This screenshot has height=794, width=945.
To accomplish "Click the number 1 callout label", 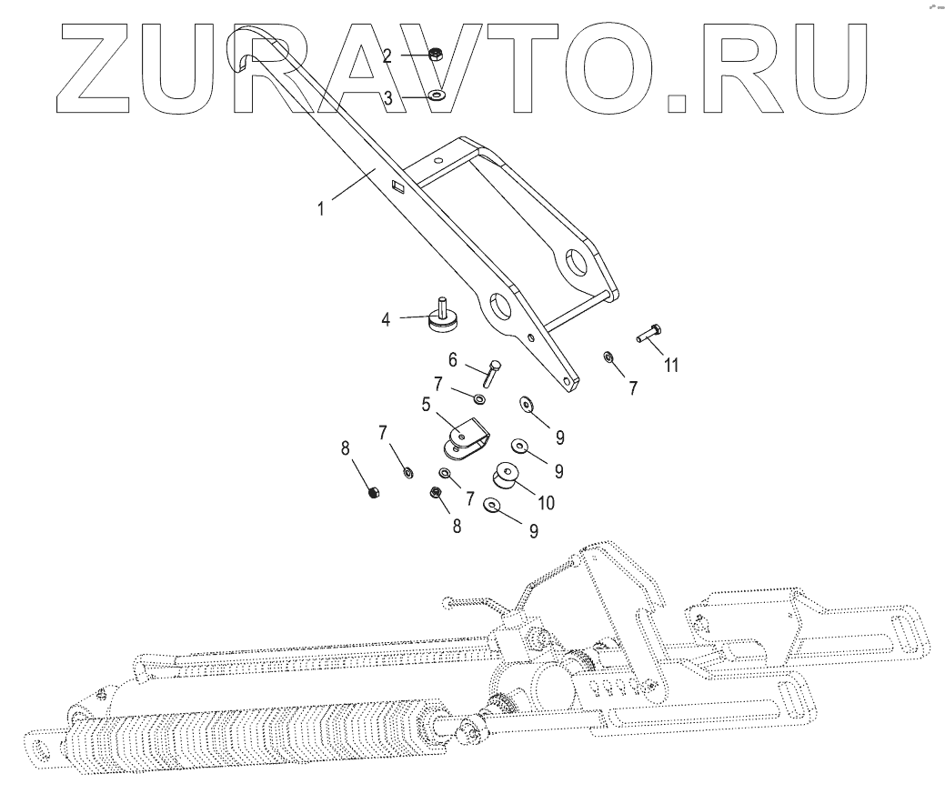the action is coord(321,208).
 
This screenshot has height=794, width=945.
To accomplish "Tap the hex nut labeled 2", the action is coord(435,55).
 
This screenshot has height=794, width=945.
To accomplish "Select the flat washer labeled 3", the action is coord(439,95).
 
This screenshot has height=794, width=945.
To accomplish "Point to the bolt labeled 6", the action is coord(492,373).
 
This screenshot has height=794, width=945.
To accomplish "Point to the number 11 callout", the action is coord(671,366).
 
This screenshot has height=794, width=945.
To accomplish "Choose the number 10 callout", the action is coord(546,501).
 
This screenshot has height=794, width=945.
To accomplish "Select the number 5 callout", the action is coord(425,405).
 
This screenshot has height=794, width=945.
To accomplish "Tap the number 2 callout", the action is coord(387,56).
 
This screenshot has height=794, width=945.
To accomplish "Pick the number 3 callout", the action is coord(387,98).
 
